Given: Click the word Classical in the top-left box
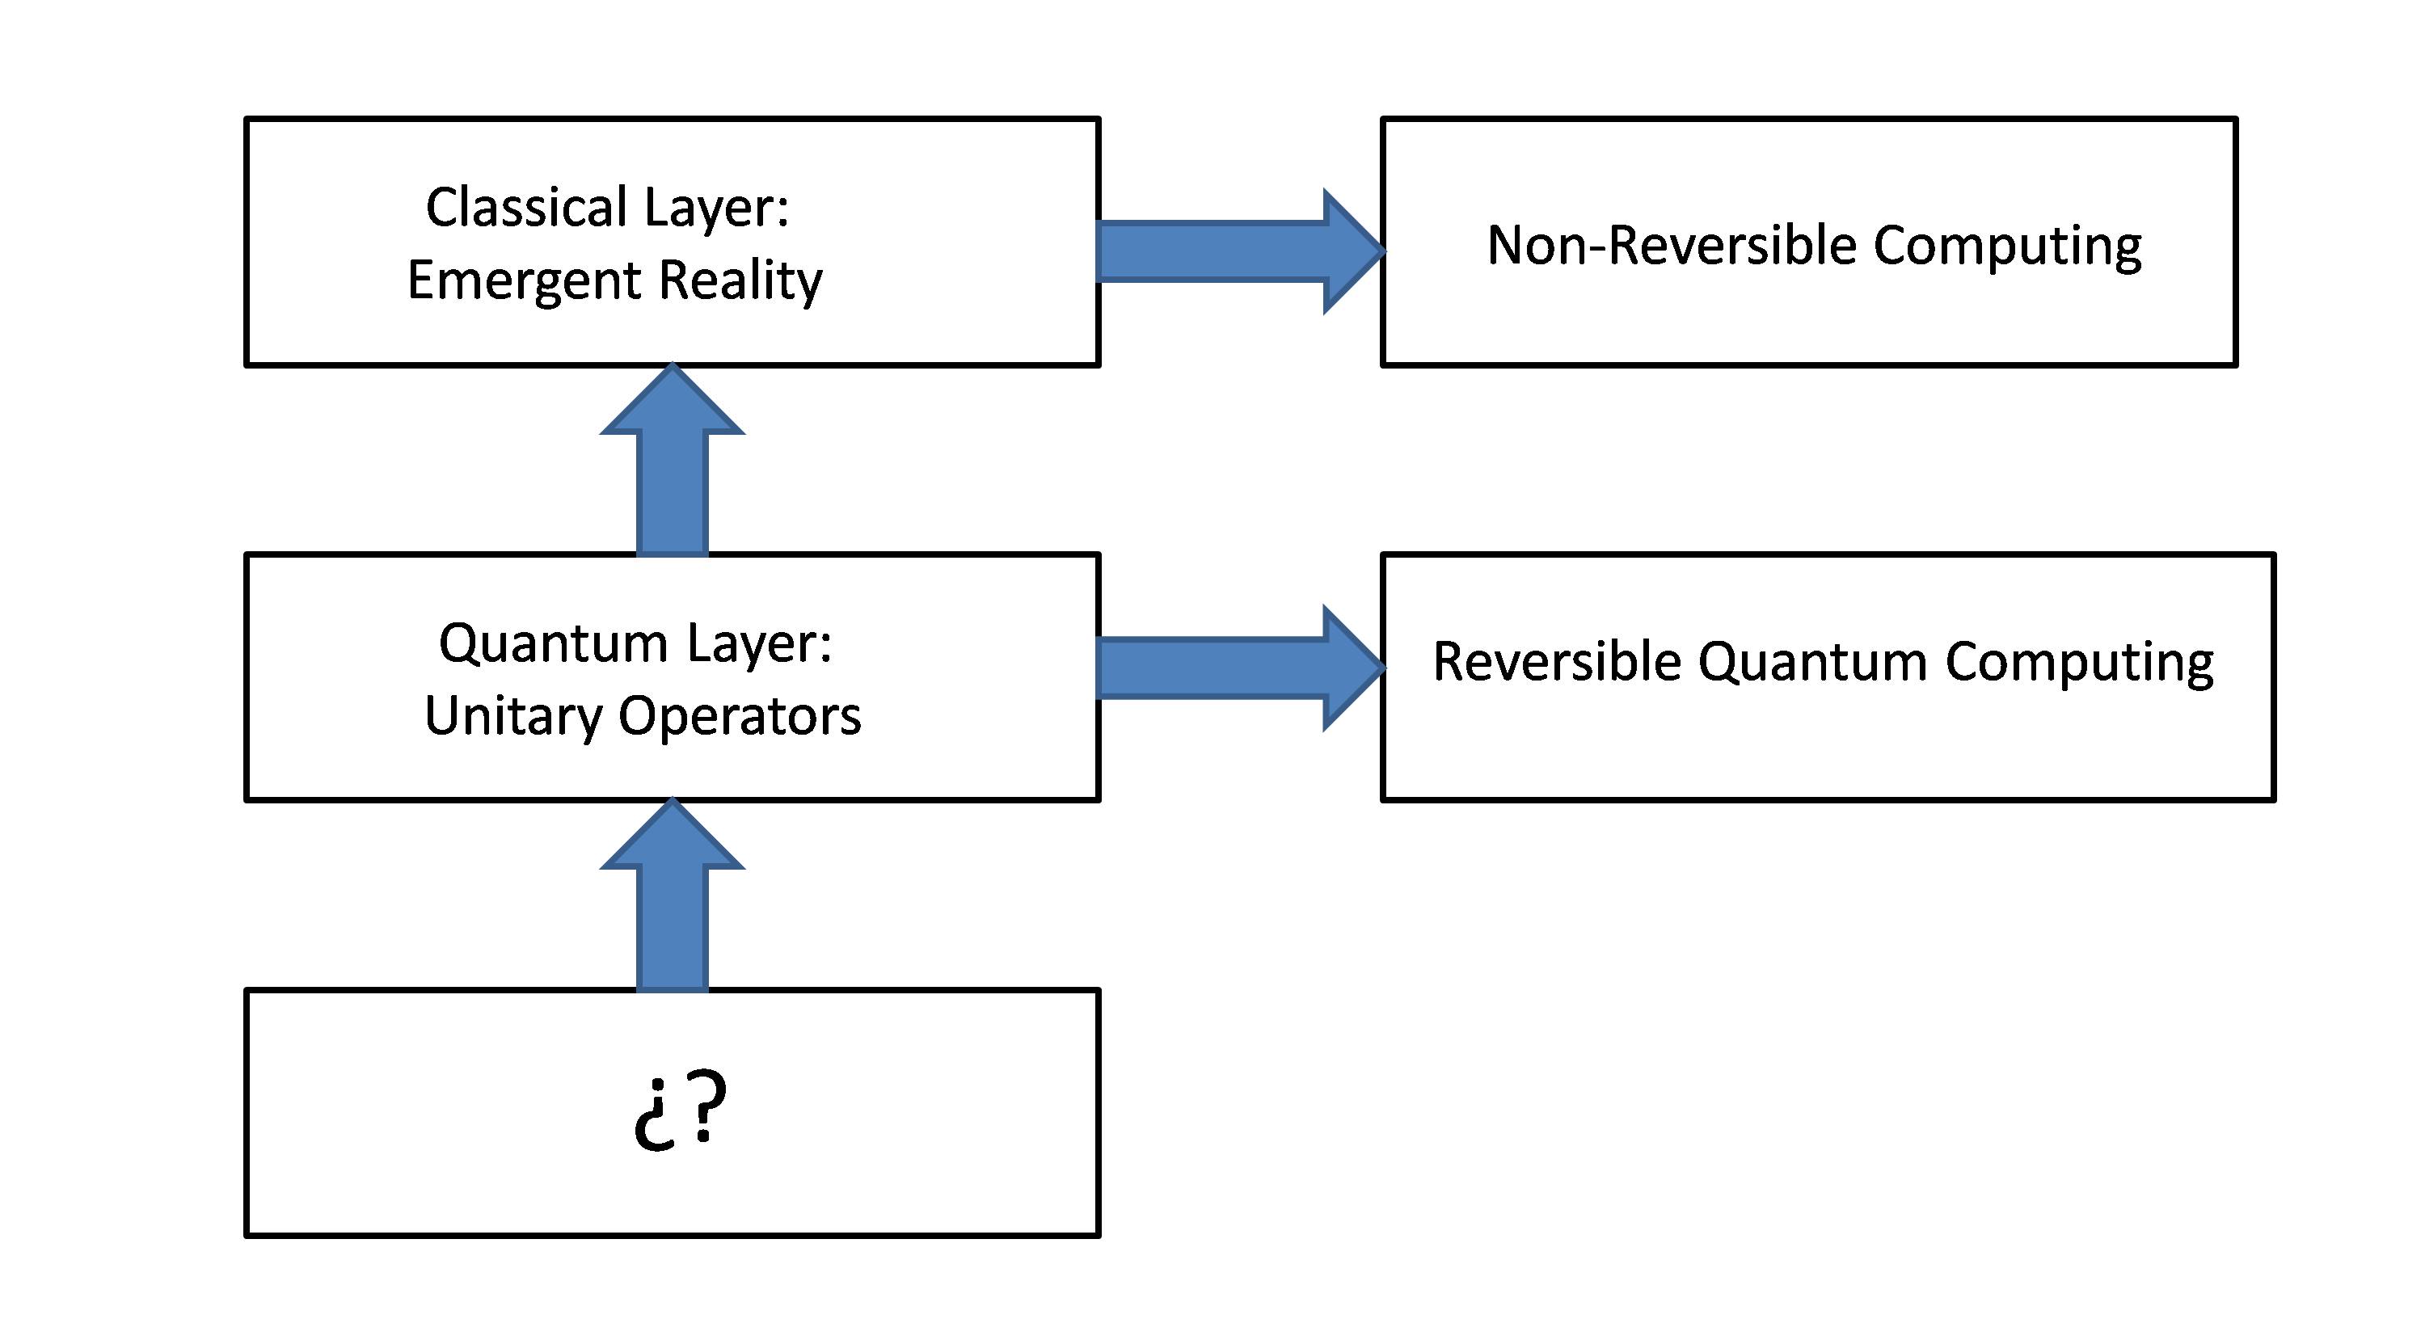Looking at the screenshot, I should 526,207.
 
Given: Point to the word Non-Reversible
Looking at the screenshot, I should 1671,246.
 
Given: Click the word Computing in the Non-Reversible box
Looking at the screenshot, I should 2007,247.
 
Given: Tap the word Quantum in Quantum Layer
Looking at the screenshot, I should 554,644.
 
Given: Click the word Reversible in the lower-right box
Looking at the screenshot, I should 1556,662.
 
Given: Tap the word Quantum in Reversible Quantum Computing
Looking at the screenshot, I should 1812,663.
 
